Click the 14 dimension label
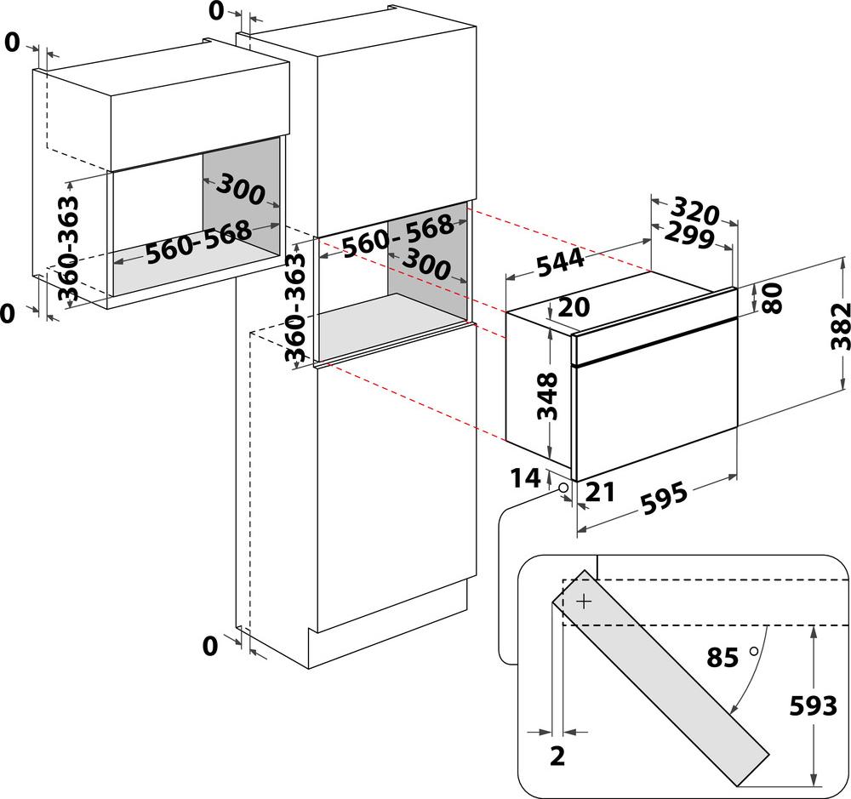point(525,479)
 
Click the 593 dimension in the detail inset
point(812,706)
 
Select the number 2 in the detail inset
point(557,755)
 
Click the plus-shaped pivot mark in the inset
point(584,602)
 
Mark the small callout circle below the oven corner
point(563,487)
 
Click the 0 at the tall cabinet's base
point(210,647)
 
